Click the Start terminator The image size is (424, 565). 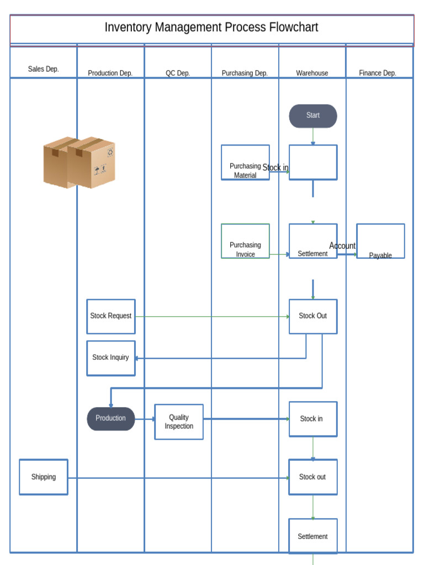coord(313,116)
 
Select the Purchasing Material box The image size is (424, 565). coord(245,163)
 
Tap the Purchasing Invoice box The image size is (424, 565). coord(245,241)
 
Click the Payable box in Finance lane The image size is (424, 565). coord(380,241)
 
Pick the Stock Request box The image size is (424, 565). coord(111,316)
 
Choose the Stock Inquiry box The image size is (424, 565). coord(111,358)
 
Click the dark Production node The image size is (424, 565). coord(111,419)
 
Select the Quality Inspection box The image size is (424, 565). coord(179,422)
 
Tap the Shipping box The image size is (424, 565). coord(44,477)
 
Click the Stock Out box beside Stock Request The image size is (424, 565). coord(313,316)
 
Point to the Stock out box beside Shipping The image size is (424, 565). coord(313,477)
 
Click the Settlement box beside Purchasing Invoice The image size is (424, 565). coord(313,241)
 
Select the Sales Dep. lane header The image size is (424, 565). coord(44,70)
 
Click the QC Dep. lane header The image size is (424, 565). coord(178,73)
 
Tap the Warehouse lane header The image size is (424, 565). coord(312,73)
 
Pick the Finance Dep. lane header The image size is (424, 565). coord(378,73)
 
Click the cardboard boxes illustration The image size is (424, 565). coord(79,163)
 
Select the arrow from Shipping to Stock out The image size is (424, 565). coord(177,478)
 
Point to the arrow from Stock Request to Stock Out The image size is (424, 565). coord(213,317)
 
